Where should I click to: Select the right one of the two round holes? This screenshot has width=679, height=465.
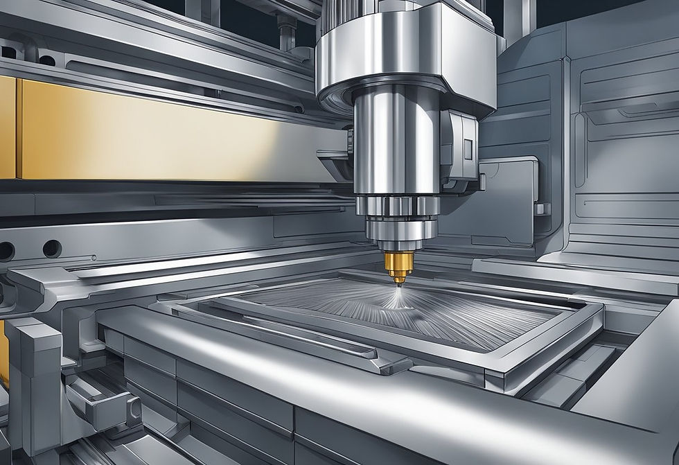(x=51, y=248)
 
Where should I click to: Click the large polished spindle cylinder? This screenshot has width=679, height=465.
(x=395, y=146)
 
